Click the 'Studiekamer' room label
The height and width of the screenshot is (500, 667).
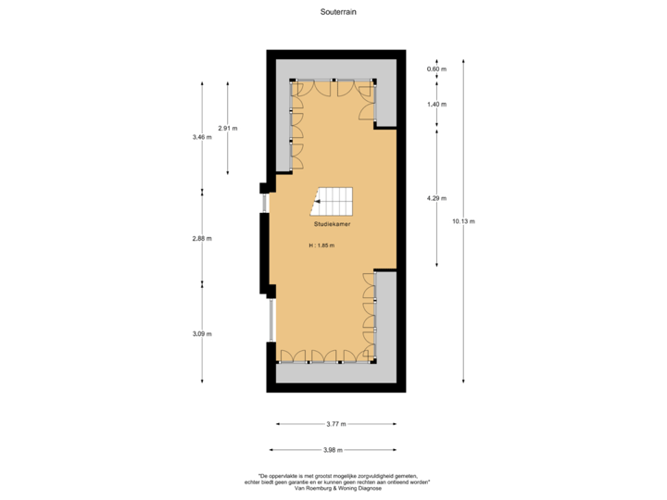click(x=333, y=224)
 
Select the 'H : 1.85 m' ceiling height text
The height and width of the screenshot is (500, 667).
click(x=321, y=245)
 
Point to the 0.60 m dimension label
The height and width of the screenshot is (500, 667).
click(x=435, y=69)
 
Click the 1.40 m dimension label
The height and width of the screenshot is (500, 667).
click(x=435, y=105)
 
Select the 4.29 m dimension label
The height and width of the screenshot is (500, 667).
click(x=435, y=197)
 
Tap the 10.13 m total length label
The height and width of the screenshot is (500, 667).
click(x=463, y=220)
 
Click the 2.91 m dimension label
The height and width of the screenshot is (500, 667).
click(x=228, y=127)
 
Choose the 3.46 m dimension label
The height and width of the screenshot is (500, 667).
click(x=202, y=136)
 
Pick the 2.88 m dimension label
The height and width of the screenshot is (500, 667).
click(x=202, y=238)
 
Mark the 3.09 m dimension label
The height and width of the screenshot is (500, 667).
click(x=202, y=333)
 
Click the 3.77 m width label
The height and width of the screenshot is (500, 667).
click(x=336, y=424)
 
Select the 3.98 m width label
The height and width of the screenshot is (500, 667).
click(x=333, y=450)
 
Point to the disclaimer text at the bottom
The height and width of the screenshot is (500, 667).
click(x=336, y=482)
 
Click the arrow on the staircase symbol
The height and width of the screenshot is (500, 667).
click(x=318, y=200)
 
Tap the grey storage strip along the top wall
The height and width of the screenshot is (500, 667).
click(x=336, y=69)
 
